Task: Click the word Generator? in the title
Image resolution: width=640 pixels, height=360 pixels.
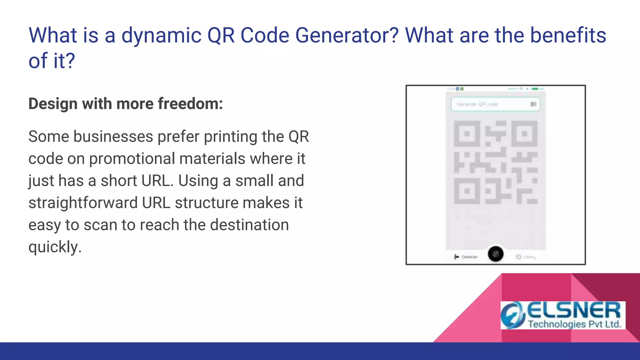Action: point(347,35)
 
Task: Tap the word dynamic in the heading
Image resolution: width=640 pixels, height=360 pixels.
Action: point(161,35)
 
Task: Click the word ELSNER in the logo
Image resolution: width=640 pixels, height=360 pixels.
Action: point(574,310)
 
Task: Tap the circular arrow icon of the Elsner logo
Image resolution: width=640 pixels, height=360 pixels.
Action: point(512,315)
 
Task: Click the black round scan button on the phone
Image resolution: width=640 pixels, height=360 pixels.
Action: point(496,254)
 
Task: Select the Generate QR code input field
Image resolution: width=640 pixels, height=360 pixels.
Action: point(491,104)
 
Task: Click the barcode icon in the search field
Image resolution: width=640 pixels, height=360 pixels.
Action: point(533,104)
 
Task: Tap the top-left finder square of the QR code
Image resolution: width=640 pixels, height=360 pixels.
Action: point(467,134)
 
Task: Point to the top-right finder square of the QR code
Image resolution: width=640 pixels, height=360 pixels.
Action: point(524,134)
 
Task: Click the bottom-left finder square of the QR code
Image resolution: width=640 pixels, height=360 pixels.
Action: point(467,191)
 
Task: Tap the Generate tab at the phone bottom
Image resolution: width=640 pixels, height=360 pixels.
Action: point(466,257)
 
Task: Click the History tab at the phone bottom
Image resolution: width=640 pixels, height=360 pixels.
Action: point(526,257)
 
